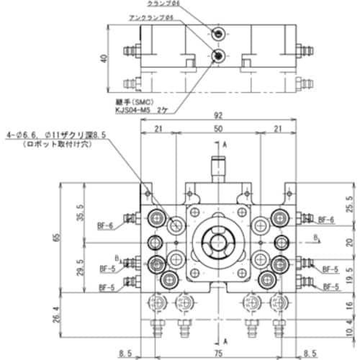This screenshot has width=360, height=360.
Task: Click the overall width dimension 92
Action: [217, 114]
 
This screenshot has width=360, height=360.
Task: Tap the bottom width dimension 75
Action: [218, 353]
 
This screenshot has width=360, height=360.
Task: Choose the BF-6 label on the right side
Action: [326, 220]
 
